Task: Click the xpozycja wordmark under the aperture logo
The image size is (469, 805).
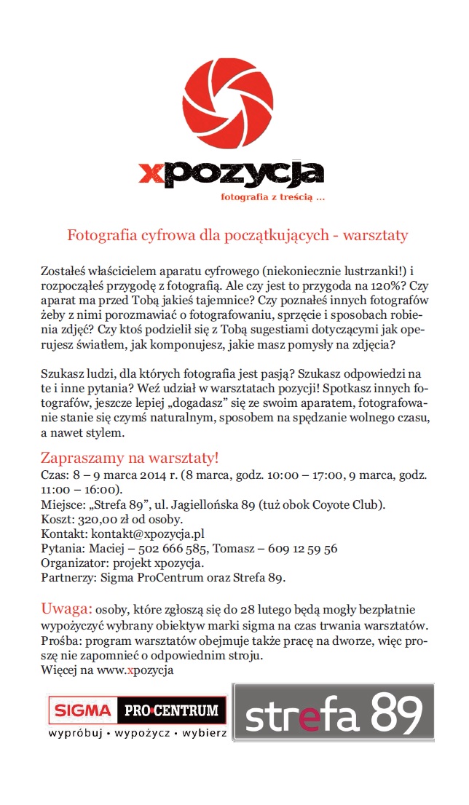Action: [x=232, y=173]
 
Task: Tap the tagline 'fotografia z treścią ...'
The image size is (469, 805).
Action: [x=272, y=197]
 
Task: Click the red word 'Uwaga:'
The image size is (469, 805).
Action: [x=66, y=608]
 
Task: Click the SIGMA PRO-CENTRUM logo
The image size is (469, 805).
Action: [x=137, y=710]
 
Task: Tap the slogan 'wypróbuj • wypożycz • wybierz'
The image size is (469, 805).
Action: [x=137, y=733]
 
